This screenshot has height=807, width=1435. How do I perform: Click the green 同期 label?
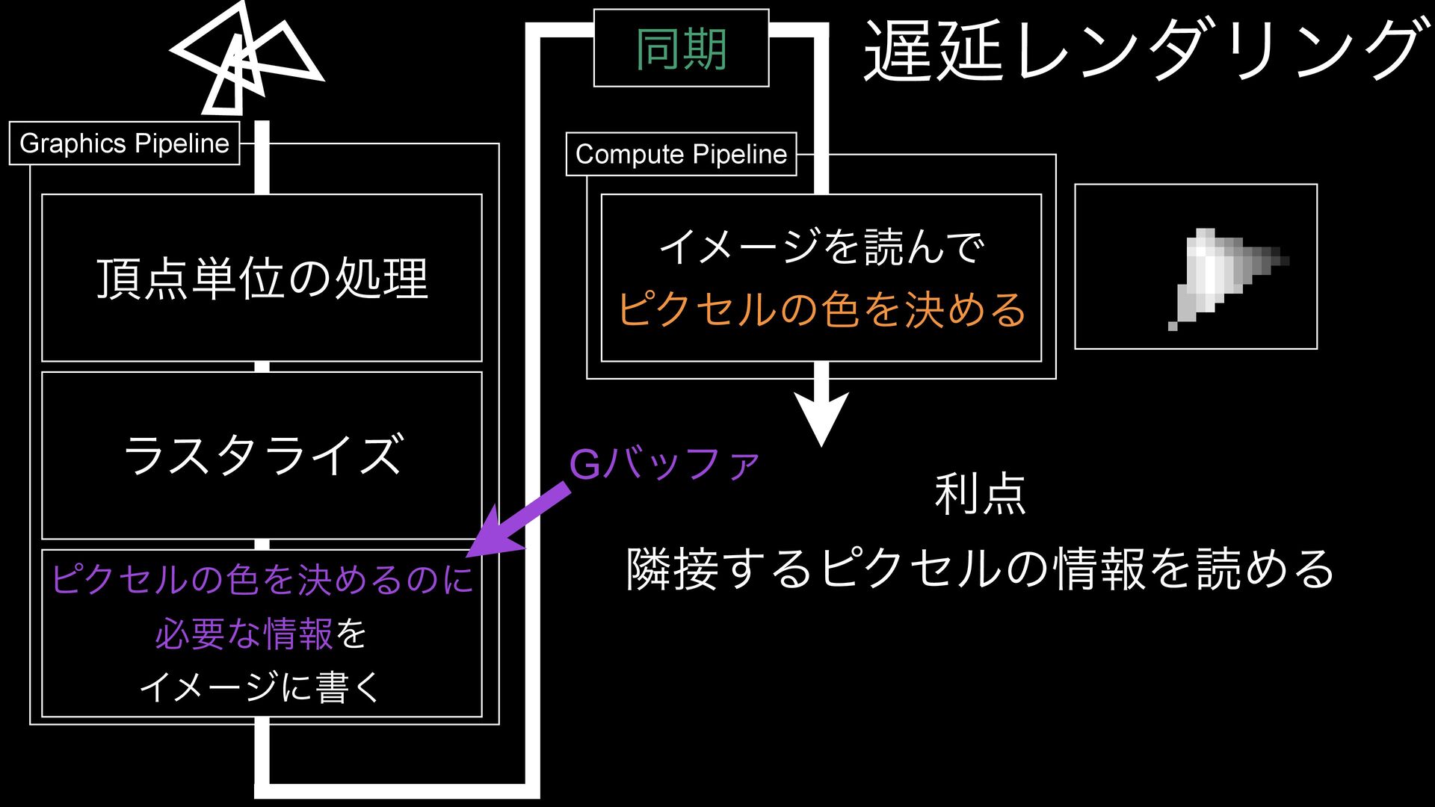pyautogui.click(x=681, y=49)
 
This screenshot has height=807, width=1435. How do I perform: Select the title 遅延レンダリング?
pyautogui.click(x=1142, y=51)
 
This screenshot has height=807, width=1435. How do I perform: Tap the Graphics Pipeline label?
pyautogui.click(x=124, y=143)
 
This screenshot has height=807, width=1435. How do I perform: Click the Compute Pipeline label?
pyautogui.click(x=681, y=154)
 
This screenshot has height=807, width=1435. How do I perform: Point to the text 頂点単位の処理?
pyautogui.click(x=262, y=279)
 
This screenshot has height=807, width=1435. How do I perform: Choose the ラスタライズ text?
pyautogui.click(x=262, y=455)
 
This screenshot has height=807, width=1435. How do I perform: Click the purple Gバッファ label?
pyautogui.click(x=664, y=464)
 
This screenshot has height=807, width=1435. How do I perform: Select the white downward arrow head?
pyautogui.click(x=821, y=418)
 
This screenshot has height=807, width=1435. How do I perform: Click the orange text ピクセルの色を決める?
pyautogui.click(x=821, y=309)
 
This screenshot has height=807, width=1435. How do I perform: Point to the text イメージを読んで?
pyautogui.click(x=821, y=247)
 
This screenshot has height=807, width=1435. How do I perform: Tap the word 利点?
pyautogui.click(x=980, y=494)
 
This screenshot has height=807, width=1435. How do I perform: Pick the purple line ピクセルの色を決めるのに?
pyautogui.click(x=262, y=579)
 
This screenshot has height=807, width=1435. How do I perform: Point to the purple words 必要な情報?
pyautogui.click(x=244, y=634)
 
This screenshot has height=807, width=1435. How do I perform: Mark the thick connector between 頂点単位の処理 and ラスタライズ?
pyautogui.click(x=262, y=366)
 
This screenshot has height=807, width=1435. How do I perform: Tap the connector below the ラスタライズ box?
pyautogui.click(x=262, y=544)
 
